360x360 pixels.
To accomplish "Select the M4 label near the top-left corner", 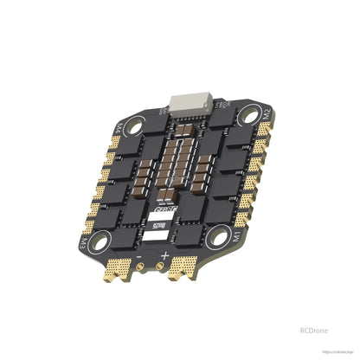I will pos(119,134).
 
